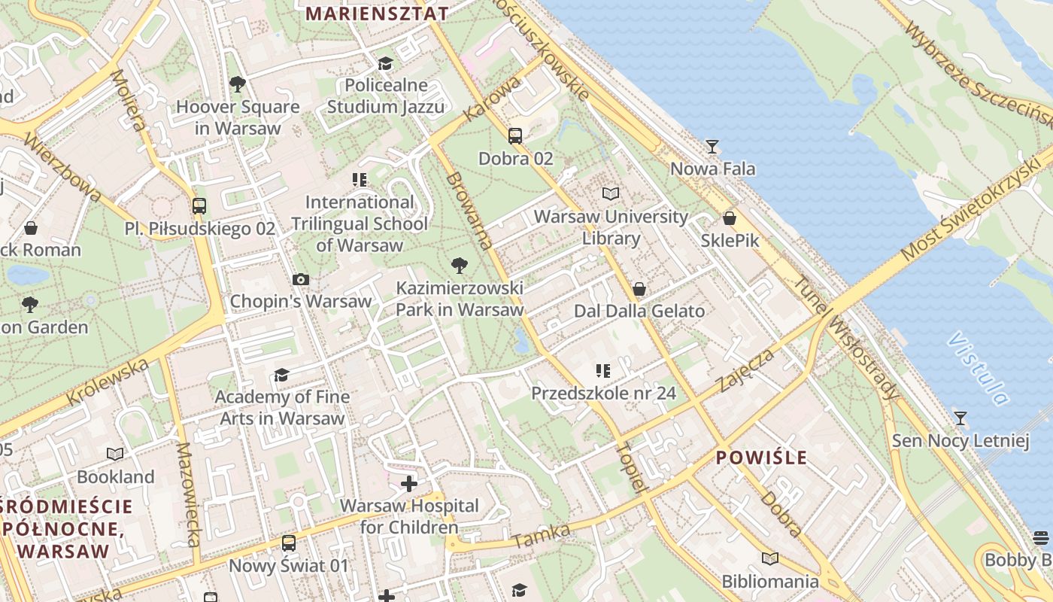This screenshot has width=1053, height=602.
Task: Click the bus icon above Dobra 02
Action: pos(515,136)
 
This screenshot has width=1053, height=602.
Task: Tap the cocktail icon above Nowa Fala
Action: pos(712,146)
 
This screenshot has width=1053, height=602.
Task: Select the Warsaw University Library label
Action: pos(611,227)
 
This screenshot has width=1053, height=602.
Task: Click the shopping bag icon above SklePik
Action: pos(729,219)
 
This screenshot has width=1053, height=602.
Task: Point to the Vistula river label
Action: pos(978,369)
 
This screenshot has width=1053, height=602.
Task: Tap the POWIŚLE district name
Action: pos(761,458)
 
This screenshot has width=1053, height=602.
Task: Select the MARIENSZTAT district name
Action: pos(378,14)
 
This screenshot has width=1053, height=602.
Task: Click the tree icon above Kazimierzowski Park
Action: pos(459,265)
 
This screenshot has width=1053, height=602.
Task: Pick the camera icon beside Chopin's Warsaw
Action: pos(301,280)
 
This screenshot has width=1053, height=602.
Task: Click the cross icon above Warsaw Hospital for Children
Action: pos(409,483)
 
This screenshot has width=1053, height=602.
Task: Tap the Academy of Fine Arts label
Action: pos(282,407)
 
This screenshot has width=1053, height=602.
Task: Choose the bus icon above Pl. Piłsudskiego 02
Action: pos(199,205)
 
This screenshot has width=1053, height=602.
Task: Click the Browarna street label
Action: pos(469,211)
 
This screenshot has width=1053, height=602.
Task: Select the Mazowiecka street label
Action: pos(188,494)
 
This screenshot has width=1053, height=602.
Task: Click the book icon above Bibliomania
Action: pos(769,558)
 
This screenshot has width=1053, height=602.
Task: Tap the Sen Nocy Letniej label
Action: pos(960,440)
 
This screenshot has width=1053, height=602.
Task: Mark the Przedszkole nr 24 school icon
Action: pos(602,370)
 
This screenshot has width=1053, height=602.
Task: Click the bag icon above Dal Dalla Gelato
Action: pos(639,289)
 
